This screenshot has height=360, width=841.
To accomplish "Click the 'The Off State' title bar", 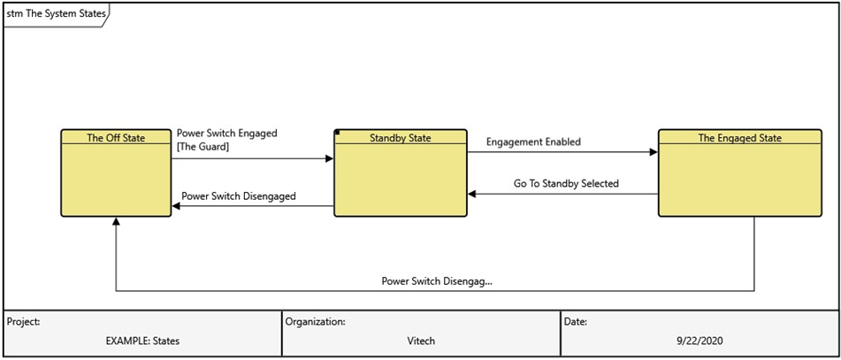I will pos(116,137).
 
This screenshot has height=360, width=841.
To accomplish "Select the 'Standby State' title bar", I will pos(400,137).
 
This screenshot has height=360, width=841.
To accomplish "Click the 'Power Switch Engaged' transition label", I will pos(226,134).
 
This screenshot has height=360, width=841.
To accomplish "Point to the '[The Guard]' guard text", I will pos(203,147).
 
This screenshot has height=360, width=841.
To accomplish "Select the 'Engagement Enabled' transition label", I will pos(533,142).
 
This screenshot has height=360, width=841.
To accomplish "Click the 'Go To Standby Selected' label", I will pos(566,184).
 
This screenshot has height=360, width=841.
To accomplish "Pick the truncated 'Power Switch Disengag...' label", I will pos(437,281).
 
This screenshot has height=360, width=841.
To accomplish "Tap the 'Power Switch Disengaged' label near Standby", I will pos(238,196).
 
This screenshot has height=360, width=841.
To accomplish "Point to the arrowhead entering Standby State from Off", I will pos(330,159).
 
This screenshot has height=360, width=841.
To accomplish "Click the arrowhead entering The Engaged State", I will pos(654,152).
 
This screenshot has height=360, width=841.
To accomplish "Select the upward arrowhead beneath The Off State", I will pos(116,221).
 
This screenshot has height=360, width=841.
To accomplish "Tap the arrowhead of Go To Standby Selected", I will pos(472,194).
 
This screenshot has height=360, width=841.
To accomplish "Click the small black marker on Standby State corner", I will pos(337,133).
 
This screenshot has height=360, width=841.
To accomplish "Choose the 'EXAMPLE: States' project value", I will pos(142,341).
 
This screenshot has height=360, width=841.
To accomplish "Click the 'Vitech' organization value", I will pos(420,341).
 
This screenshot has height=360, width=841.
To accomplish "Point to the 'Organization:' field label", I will pos(315,322).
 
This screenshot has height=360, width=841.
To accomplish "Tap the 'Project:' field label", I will pos(24,322).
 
